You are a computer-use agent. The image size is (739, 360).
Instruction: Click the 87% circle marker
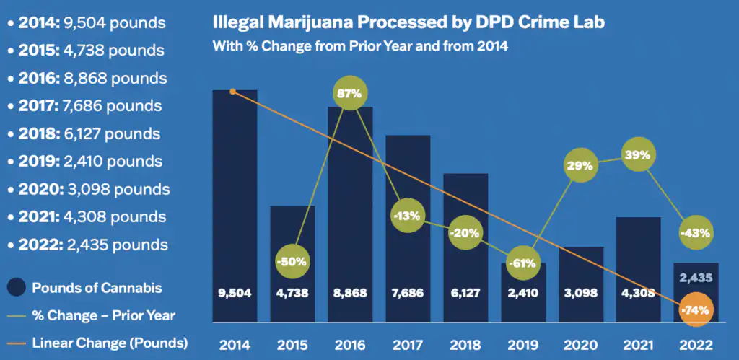coord(351,94)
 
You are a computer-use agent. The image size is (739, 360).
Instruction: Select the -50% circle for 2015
coord(293,260)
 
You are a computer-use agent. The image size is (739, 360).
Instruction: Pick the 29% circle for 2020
coord(582,165)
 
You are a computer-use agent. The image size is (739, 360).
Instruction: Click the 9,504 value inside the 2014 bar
coord(235,294)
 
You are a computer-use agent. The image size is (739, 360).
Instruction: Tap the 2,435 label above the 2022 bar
coord(696,277)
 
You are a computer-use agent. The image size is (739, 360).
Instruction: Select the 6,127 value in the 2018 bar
coord(466,294)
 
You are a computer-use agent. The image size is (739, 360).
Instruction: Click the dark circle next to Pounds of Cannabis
coord(16,288)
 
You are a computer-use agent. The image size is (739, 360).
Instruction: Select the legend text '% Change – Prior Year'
coord(103,315)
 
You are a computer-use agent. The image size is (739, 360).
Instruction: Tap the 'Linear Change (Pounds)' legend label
coord(110,343)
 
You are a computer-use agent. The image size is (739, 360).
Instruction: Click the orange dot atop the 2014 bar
coord(232,92)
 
